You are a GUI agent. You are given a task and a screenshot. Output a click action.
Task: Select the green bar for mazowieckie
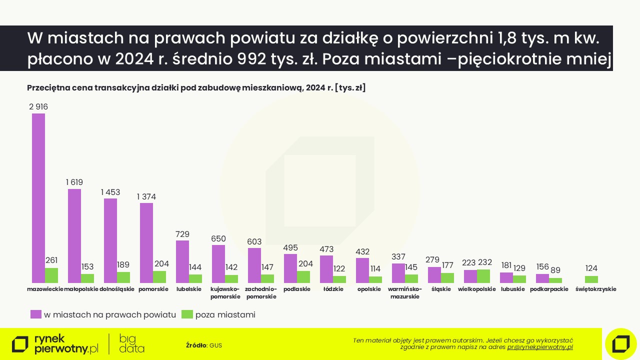51,275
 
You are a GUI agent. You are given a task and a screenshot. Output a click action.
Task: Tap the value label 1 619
74,182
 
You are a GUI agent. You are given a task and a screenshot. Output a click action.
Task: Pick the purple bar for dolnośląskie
110,240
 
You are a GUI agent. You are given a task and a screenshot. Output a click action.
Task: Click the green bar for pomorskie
159,277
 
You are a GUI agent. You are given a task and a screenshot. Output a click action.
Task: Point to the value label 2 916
38,106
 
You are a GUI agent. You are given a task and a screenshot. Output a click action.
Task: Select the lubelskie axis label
189,289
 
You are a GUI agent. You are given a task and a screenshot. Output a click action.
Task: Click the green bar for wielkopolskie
483,276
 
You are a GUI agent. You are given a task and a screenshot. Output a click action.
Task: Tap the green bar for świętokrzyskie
591,279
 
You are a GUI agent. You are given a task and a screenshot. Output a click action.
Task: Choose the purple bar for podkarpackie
542,278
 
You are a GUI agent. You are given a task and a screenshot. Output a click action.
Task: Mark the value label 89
555,270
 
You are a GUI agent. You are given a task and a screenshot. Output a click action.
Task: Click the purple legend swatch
35,314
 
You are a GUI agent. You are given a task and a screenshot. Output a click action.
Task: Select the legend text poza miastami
225,315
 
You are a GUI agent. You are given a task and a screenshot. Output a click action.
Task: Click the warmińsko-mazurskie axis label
405,292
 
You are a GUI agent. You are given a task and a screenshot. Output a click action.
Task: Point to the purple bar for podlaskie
290,268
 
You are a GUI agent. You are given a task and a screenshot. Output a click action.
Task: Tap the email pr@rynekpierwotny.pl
540,347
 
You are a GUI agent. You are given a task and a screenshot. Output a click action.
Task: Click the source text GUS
215,345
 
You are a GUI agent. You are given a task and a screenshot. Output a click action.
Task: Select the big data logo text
132,344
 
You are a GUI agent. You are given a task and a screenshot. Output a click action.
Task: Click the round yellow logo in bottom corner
620,343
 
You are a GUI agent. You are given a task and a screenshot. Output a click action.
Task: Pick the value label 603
254,241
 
